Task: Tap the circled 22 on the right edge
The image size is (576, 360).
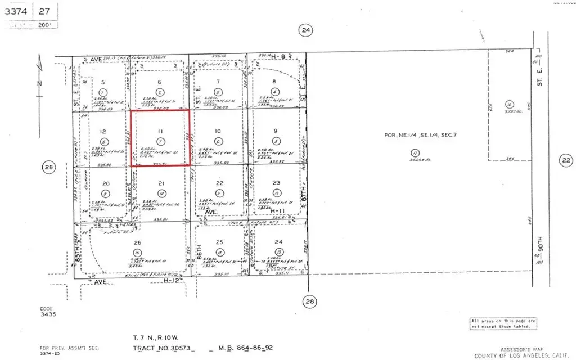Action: click(566, 161)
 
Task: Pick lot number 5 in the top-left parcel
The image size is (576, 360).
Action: click(102, 82)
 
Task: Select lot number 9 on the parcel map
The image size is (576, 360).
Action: click(276, 132)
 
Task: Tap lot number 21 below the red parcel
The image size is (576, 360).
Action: click(161, 183)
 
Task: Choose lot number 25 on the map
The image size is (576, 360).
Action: click(219, 242)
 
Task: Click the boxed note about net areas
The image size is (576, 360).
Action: click(503, 323)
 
